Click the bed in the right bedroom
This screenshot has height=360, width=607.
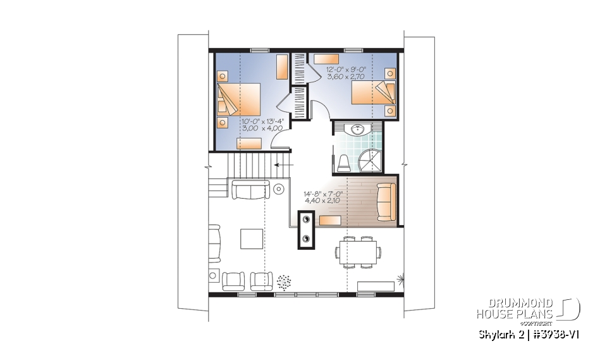click(374, 92)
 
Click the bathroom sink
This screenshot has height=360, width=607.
click(358, 130)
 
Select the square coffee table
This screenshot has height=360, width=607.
click(250, 239)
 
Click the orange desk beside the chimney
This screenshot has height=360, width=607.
click(331, 220)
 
